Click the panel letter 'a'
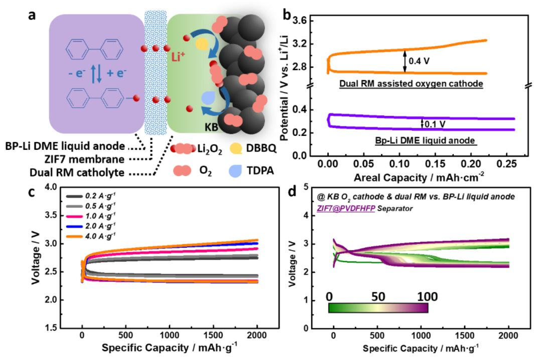(x=32, y=15)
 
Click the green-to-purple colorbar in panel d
(x=378, y=307)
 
